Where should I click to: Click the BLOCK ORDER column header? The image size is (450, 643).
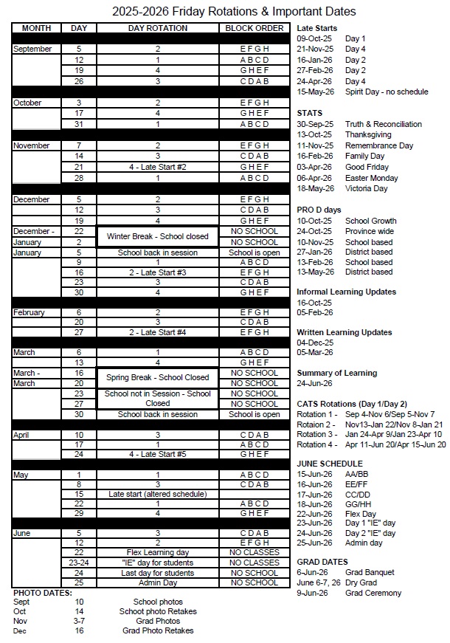pyautogui.click(x=254, y=28)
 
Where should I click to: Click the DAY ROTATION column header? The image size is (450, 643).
pyautogui.click(x=158, y=28)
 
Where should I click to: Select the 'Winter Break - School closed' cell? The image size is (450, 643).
pyautogui.click(x=158, y=237)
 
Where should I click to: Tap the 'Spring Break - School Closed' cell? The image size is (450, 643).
pyautogui.click(x=158, y=377)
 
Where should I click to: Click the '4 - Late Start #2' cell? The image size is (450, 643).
pyautogui.click(x=158, y=168)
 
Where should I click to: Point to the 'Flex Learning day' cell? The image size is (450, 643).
pyautogui.click(x=158, y=552)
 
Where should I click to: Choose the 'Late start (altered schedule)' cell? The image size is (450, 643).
pyautogui.click(x=158, y=493)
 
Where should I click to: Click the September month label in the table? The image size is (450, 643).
pyautogui.click(x=32, y=49)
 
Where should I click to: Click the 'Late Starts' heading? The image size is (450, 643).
pyautogui.click(x=316, y=28)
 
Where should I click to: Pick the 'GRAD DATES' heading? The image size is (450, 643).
pyautogui.click(x=322, y=562)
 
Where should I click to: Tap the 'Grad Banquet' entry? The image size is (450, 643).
pyautogui.click(x=370, y=572)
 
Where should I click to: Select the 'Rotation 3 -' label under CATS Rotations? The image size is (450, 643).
pyautogui.click(x=316, y=434)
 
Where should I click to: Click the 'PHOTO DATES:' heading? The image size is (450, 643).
pyautogui.click(x=43, y=593)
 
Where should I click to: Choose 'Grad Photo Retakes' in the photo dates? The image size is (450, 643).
pyautogui.click(x=158, y=630)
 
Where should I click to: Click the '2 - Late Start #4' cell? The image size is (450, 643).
pyautogui.click(x=158, y=332)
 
